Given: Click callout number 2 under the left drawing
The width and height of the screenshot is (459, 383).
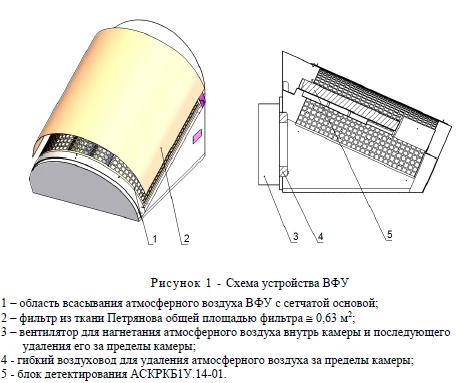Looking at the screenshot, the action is click(x=184, y=238).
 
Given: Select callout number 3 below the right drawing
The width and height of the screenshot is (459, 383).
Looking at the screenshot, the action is click(x=296, y=238).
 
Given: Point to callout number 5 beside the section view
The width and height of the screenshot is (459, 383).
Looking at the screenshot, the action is click(x=388, y=235).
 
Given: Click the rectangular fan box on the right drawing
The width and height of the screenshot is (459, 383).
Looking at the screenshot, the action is click(x=264, y=141).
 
